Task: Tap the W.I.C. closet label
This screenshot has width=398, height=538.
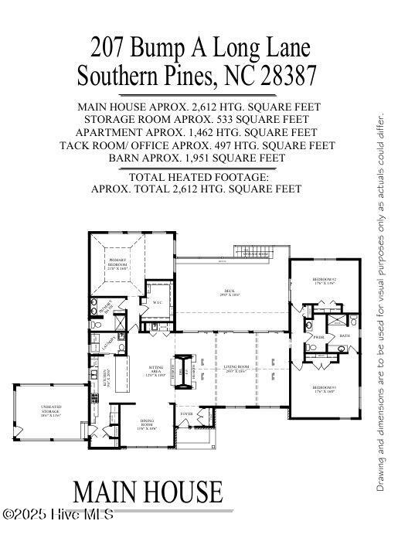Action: [157, 302]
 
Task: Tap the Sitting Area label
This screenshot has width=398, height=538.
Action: [157, 372]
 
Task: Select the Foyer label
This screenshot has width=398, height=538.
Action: [186, 414]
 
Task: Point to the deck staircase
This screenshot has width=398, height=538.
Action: [255, 253]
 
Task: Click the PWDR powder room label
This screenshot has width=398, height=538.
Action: [318, 337]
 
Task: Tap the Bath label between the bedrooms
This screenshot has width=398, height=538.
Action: [345, 335]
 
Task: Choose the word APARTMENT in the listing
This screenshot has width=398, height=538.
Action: [117, 132]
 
